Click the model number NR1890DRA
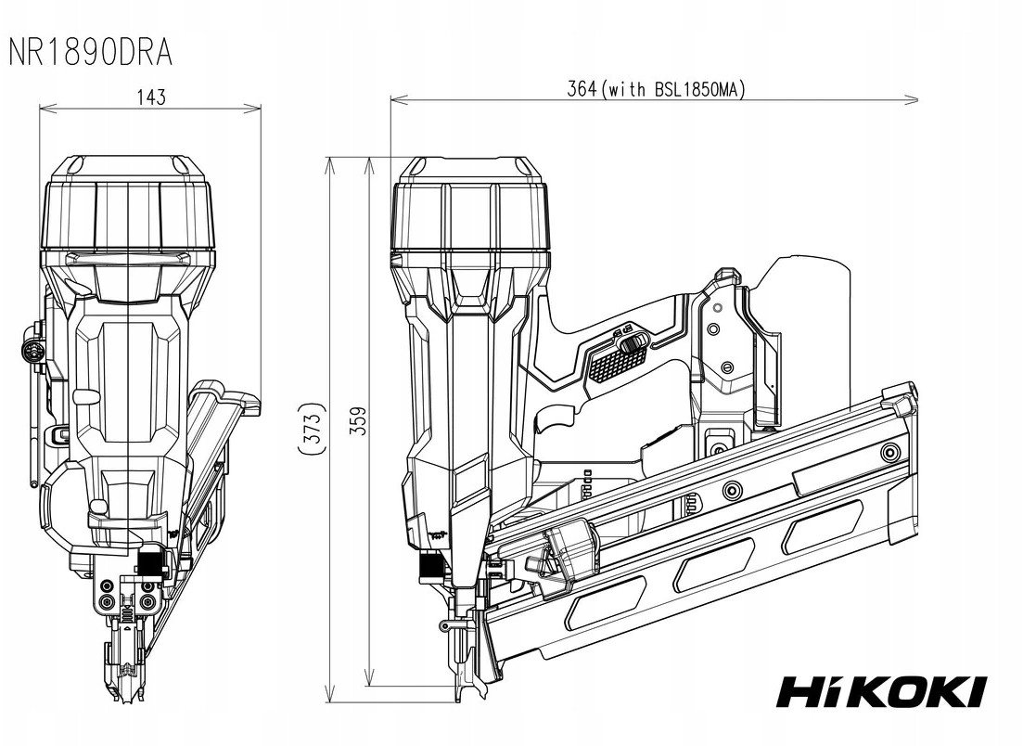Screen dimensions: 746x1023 pos(90,52)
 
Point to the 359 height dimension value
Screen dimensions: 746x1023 pos(360,422)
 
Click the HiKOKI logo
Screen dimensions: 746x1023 pos(880,690)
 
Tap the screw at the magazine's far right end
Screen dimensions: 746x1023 pos(892,451)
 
